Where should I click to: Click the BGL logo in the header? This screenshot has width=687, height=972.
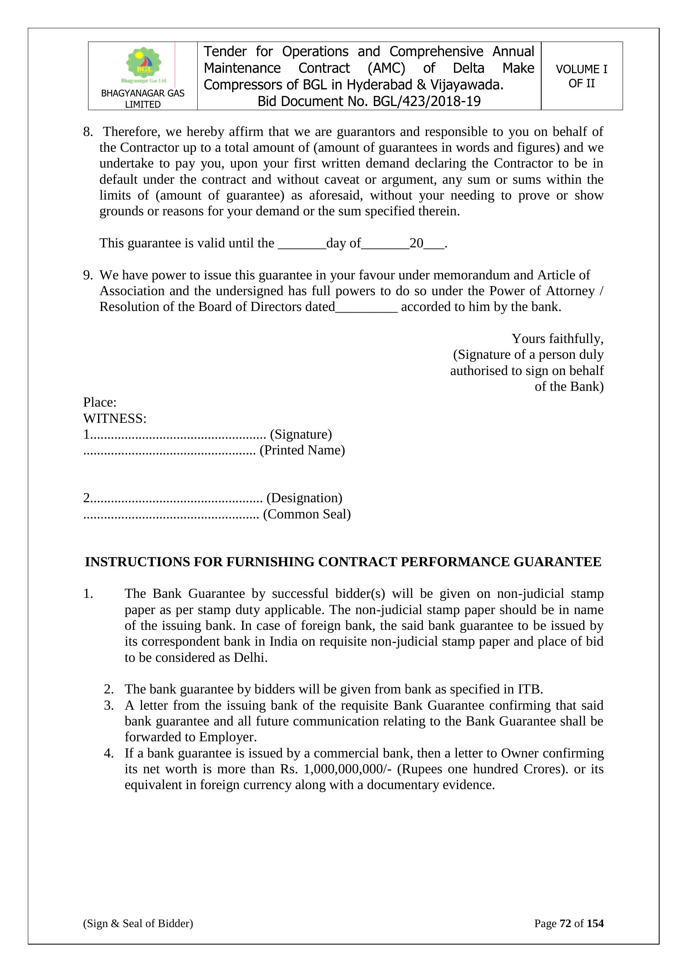coord(144,65)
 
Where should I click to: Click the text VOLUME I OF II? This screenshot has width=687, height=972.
coord(581,76)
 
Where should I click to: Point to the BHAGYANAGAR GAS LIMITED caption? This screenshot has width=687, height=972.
coord(142,99)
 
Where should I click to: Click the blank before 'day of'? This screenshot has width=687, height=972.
coord(302,244)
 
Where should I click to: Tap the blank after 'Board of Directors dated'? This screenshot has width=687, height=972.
coord(366,307)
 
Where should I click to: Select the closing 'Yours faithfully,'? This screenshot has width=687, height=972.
coord(557,339)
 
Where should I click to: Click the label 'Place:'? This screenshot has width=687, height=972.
coord(100,402)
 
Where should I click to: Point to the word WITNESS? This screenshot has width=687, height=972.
coord(115,419)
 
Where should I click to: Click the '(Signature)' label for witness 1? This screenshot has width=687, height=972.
coord(301,434)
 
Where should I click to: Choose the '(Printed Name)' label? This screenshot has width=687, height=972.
coord(302,450)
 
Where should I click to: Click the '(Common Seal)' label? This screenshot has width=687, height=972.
coord(307,514)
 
